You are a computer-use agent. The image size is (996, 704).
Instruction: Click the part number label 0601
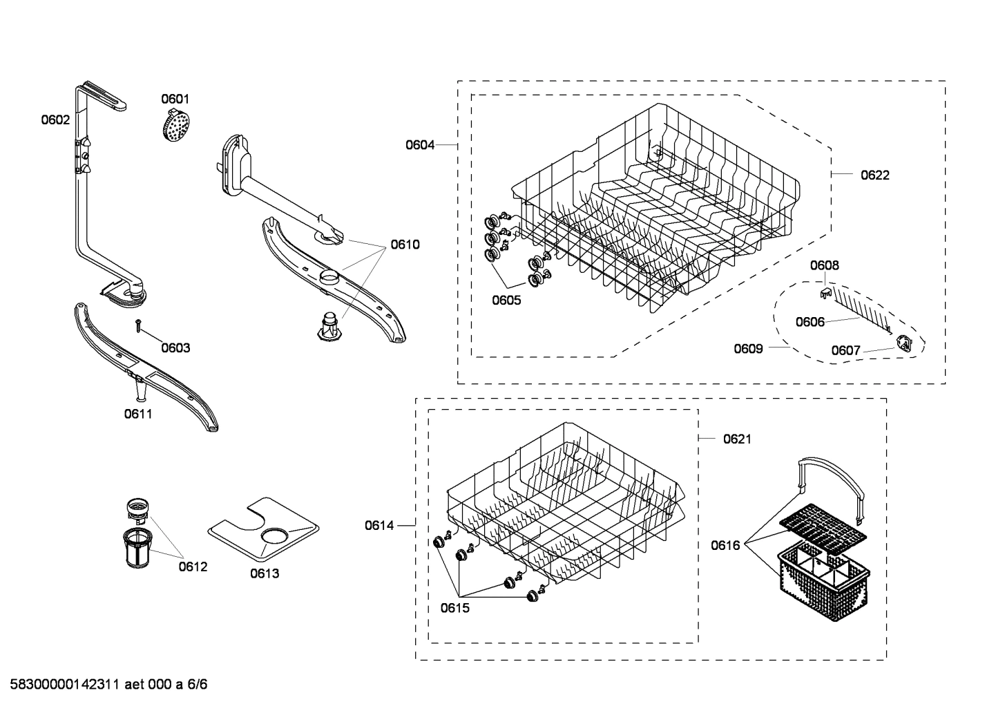(175, 99)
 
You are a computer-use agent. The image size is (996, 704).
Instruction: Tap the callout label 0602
(55, 120)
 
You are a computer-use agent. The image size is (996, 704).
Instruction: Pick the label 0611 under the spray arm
(138, 414)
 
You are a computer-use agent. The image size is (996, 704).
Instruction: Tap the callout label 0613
(265, 573)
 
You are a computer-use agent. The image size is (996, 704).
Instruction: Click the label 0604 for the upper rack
(420, 145)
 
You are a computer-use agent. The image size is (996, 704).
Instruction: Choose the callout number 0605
(506, 300)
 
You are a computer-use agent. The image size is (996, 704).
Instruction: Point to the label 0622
(874, 175)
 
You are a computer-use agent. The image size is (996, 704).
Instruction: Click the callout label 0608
(824, 265)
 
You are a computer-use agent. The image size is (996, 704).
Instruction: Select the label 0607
(845, 351)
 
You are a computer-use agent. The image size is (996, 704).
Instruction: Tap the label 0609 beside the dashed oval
(748, 349)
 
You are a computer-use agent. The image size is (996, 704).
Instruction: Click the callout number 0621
(737, 439)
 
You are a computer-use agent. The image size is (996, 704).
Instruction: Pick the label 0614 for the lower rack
(379, 526)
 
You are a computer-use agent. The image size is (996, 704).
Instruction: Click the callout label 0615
(454, 608)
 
